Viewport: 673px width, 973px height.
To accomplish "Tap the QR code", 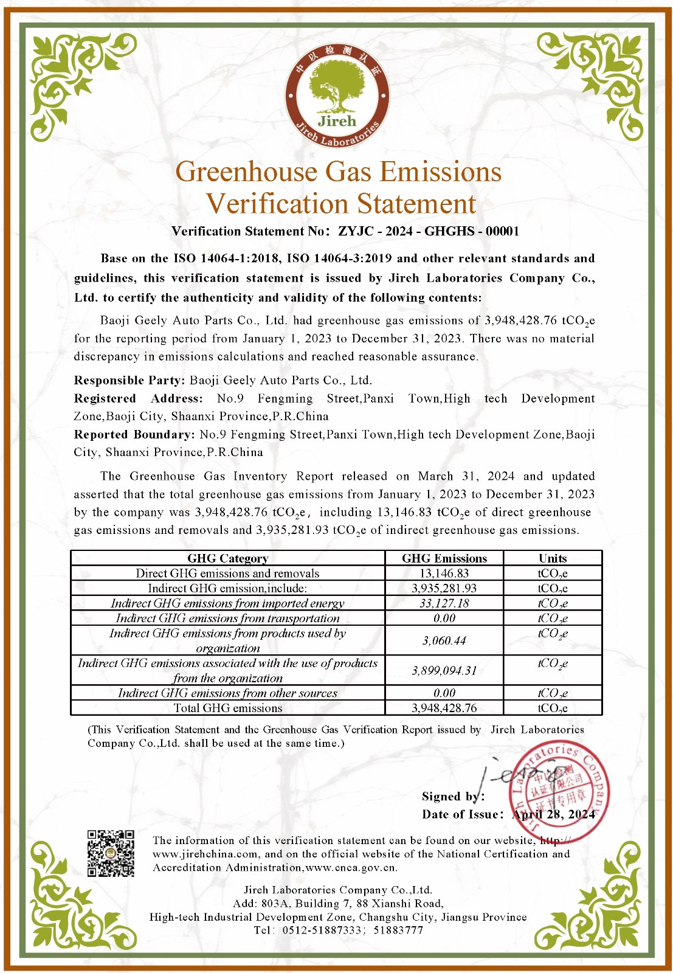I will click(111, 853).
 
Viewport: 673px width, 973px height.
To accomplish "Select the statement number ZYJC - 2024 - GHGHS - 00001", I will click(429, 231).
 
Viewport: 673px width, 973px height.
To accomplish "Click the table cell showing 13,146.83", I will click(444, 573).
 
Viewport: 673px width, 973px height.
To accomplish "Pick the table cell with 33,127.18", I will click(444, 603).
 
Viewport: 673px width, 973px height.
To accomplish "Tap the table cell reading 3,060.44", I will click(444, 640).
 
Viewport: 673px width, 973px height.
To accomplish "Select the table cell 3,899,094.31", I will click(444, 670).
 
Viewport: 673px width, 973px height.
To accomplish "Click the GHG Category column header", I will click(227, 558).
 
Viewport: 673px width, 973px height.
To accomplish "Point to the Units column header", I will click(552, 558).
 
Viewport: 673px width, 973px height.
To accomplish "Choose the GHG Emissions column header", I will click(444, 558).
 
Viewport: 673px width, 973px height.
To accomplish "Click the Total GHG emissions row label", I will click(227, 708).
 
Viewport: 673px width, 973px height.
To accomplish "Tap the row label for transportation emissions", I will click(227, 618).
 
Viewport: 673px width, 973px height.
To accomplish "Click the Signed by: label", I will click(453, 797).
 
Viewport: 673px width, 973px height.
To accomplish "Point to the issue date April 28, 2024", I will click(553, 814).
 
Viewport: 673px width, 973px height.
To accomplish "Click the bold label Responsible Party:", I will click(129, 380).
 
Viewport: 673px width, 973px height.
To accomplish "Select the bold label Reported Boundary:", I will click(134, 434).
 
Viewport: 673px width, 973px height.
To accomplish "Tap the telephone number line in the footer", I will click(338, 930).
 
